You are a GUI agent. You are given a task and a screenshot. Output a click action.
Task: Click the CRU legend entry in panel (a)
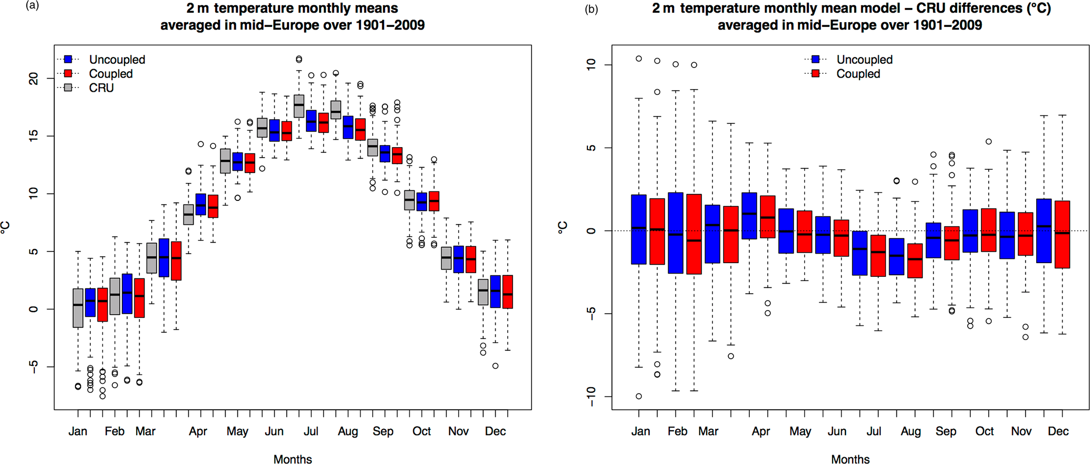coord(101,88)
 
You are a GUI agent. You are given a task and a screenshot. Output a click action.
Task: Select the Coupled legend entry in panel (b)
coord(857,74)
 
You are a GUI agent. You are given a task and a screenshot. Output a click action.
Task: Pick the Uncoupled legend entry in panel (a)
coord(117,60)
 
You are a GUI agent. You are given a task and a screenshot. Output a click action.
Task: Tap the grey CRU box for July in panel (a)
coord(299,106)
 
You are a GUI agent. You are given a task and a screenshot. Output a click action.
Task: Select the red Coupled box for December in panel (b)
coord(1062,234)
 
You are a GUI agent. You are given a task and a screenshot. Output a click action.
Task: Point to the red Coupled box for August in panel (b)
coord(915,260)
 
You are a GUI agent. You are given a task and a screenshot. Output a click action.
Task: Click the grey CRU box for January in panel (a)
coord(78,308)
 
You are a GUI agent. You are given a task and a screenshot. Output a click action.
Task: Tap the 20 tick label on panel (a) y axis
coord(34,79)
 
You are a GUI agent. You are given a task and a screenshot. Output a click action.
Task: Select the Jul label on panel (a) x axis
coord(311,431)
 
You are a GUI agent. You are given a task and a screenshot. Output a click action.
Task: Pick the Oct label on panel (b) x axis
coord(984,431)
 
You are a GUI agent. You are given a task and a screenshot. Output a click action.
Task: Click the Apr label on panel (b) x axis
coord(760,431)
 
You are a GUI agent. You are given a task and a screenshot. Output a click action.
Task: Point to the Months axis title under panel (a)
coord(293,459)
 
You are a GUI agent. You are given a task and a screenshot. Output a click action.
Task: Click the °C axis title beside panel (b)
coord(563,227)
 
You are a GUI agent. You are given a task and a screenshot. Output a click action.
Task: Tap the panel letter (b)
coord(591,9)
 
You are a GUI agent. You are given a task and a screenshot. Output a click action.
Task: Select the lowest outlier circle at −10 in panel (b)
coord(639,397)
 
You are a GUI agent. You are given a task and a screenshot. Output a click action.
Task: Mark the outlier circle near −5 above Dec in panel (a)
coord(495,366)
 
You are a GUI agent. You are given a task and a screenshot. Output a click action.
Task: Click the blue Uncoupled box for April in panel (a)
coord(201,204)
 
